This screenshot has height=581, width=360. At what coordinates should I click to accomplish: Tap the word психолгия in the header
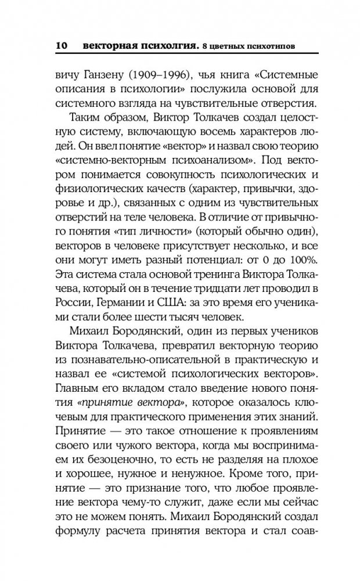click(x=166, y=44)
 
